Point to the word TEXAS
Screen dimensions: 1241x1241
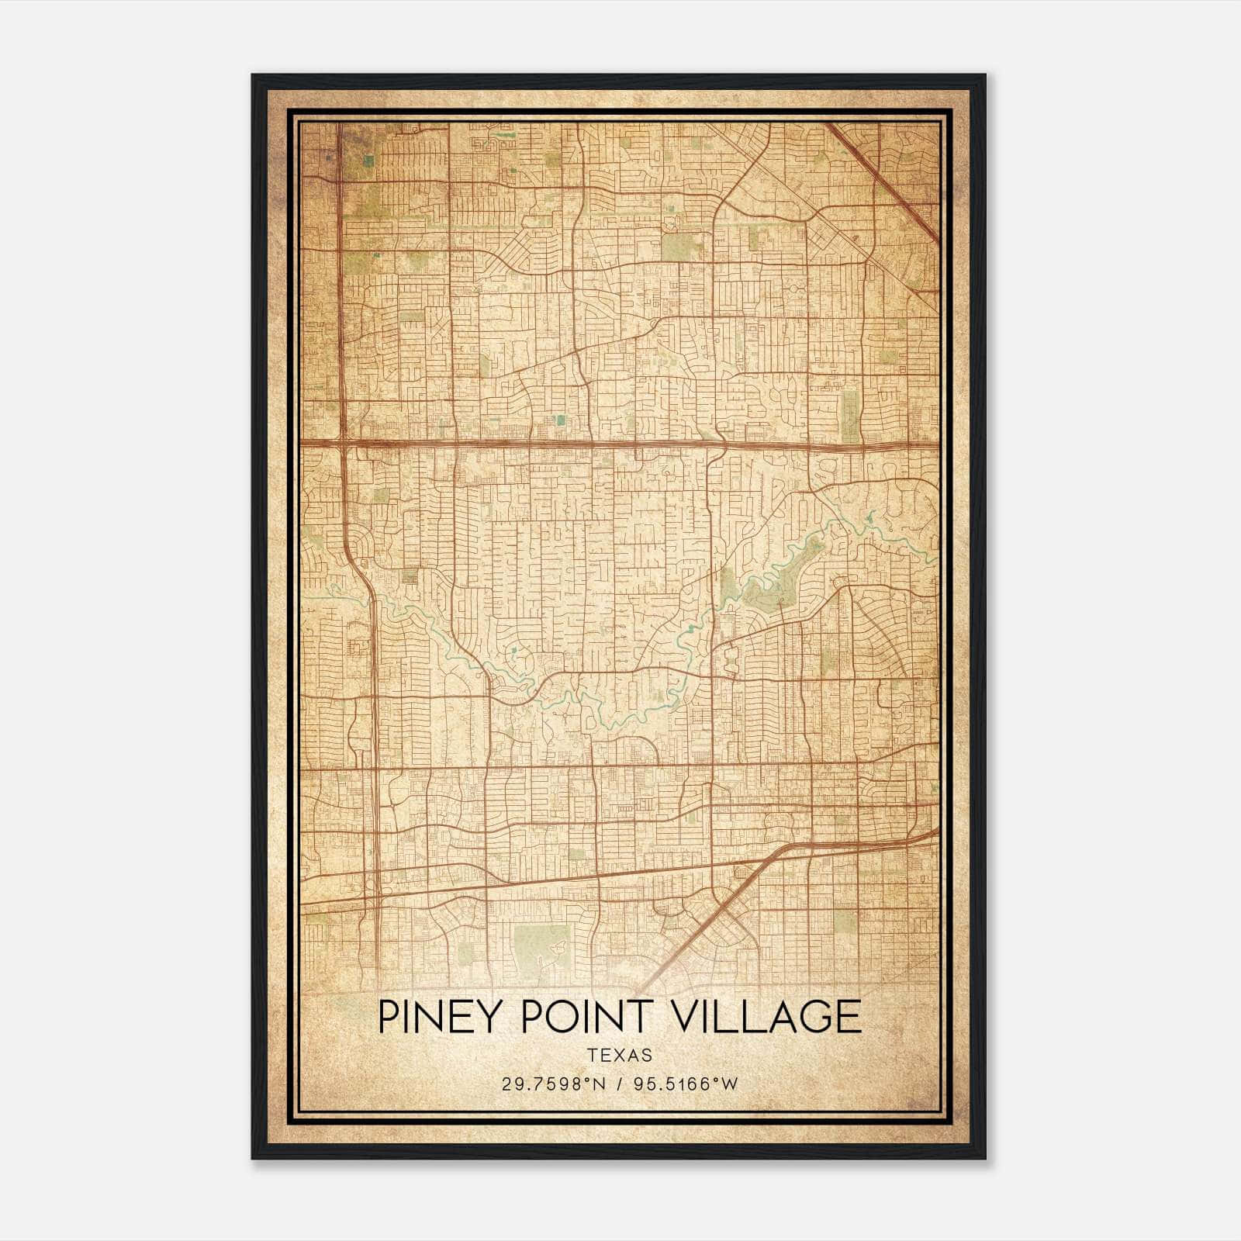click(620, 1055)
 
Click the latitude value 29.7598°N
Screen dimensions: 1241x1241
click(552, 1084)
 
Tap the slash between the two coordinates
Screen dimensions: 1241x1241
click(620, 1084)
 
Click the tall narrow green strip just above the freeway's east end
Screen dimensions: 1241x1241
click(851, 415)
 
